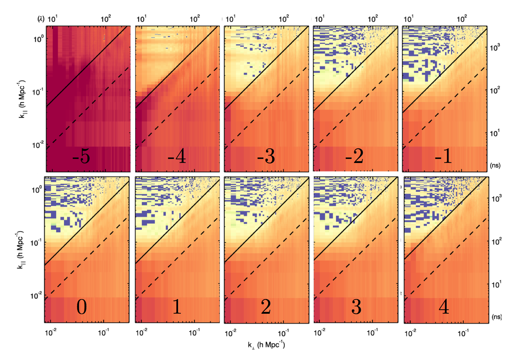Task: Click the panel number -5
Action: pyautogui.click(x=81, y=156)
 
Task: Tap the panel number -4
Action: pyautogui.click(x=177, y=156)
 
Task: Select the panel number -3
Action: pyautogui.click(x=266, y=156)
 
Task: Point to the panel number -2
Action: pyautogui.click(x=354, y=156)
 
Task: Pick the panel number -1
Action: pyautogui.click(x=444, y=156)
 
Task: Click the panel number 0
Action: pyautogui.click(x=82, y=307)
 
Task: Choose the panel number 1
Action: pyautogui.click(x=177, y=307)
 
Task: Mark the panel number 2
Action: pyautogui.click(x=266, y=307)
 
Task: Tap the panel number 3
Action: pyautogui.click(x=356, y=307)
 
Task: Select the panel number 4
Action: pyautogui.click(x=444, y=307)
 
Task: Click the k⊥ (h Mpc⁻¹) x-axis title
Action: pyautogui.click(x=266, y=345)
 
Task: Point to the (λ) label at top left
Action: pyautogui.click(x=41, y=19)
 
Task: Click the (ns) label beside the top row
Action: pyautogui.click(x=495, y=165)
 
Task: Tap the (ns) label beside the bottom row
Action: pyautogui.click(x=497, y=317)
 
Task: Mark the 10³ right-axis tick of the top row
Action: pyautogui.click(x=495, y=48)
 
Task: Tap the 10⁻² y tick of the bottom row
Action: pyautogui.click(x=36, y=295)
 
